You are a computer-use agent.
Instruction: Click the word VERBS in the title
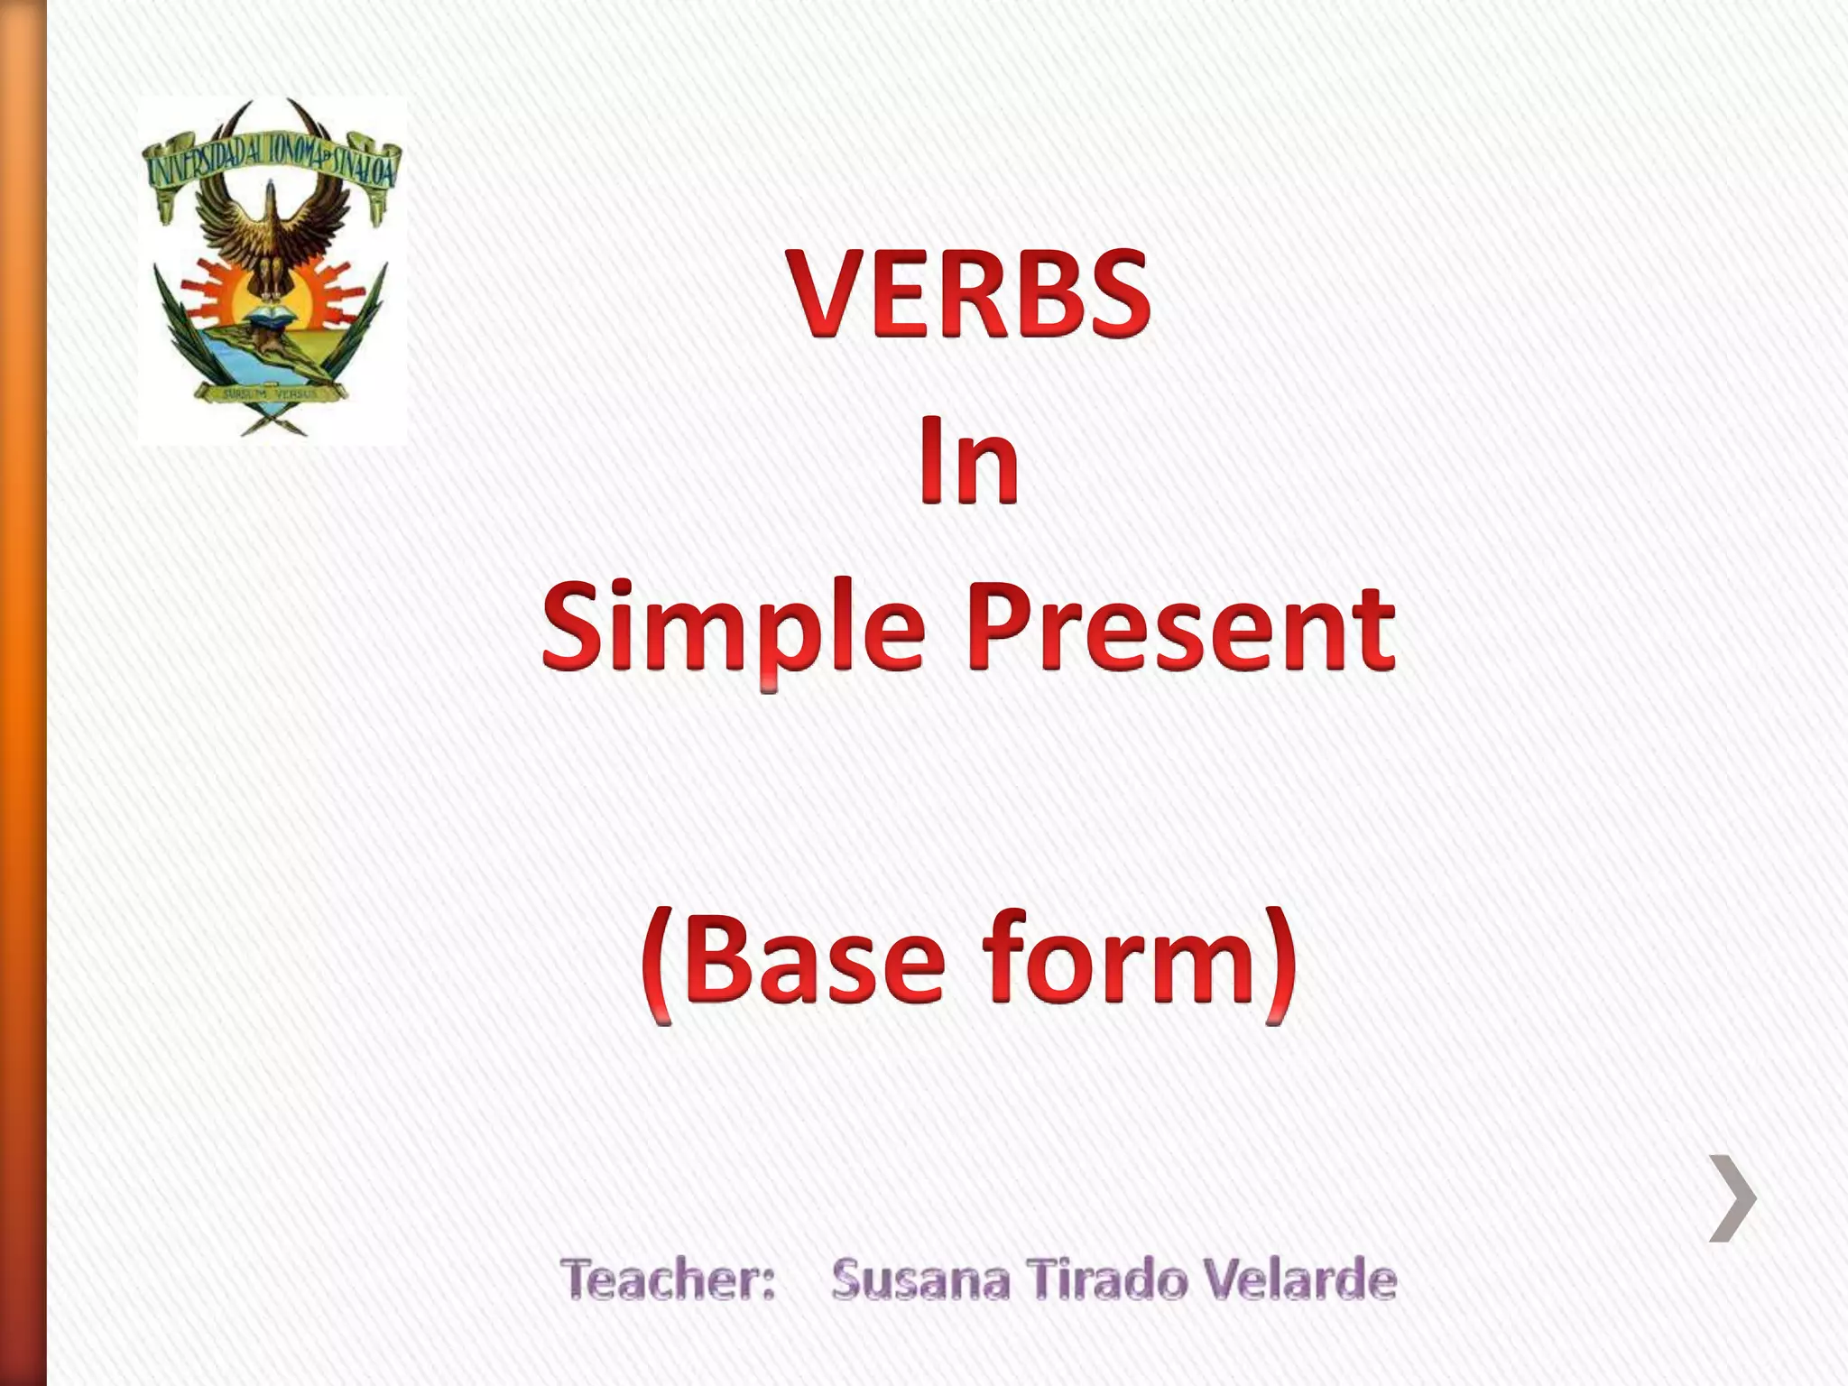coord(970,296)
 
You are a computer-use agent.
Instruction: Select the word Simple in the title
coord(733,626)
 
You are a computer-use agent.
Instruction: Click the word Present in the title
coord(1182,626)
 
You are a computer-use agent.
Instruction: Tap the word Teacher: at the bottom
coord(668,1280)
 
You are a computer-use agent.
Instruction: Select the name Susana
coord(920,1280)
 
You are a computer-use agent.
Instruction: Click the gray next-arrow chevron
coord(1732,1197)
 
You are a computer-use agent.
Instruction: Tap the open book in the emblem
coord(271,316)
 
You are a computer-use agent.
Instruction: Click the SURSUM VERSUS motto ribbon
coord(271,393)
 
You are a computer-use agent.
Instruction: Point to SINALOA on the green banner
coord(361,167)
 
